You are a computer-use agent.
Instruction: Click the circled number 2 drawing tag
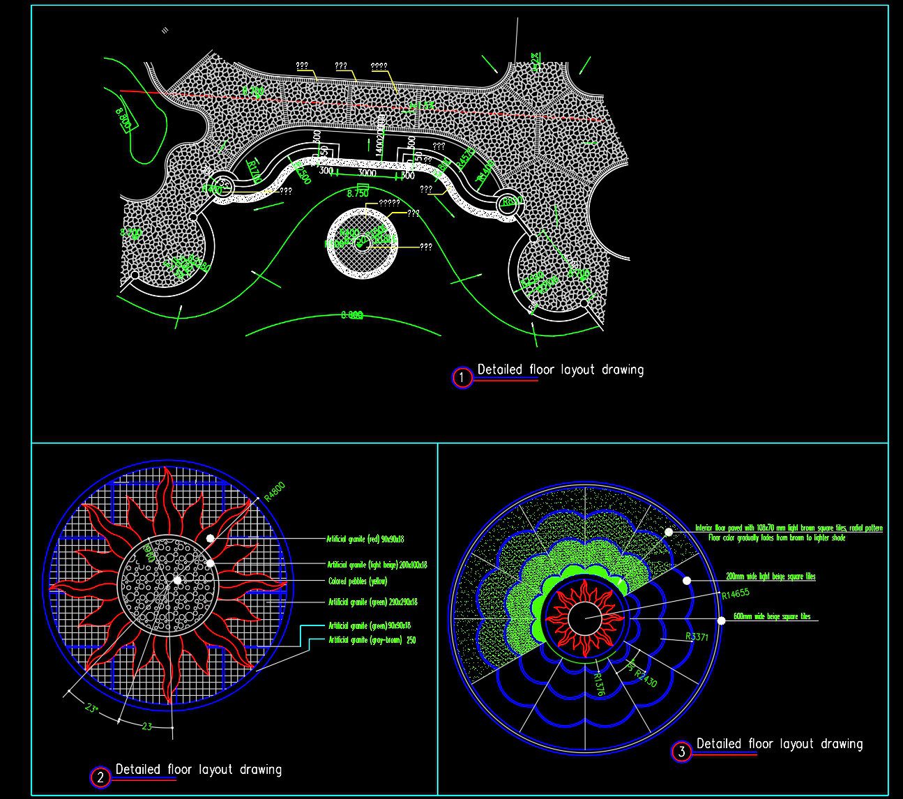pyautogui.click(x=100, y=777)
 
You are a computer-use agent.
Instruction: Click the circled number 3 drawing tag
pyautogui.click(x=681, y=752)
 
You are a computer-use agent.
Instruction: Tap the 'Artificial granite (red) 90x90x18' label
pyautogui.click(x=365, y=539)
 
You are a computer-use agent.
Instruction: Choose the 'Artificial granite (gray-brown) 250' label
pyautogui.click(x=372, y=640)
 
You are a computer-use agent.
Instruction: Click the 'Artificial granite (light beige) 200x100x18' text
pyautogui.click(x=377, y=565)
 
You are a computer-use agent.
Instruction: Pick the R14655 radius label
pyautogui.click(x=736, y=594)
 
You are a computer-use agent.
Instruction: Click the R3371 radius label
pyautogui.click(x=697, y=637)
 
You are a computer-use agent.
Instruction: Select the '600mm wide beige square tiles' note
pyautogui.click(x=772, y=617)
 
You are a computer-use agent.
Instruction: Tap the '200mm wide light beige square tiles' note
pyautogui.click(x=770, y=577)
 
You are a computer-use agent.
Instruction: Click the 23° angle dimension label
pyautogui.click(x=91, y=708)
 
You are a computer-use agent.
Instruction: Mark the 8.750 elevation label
pyautogui.click(x=357, y=193)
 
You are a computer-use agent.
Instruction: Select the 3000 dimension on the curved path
pyautogui.click(x=367, y=173)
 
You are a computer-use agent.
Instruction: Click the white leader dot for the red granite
pyautogui.click(x=210, y=538)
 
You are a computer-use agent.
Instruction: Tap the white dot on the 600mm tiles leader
pyautogui.click(x=720, y=620)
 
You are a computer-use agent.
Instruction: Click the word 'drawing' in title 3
pyautogui.click(x=841, y=744)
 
